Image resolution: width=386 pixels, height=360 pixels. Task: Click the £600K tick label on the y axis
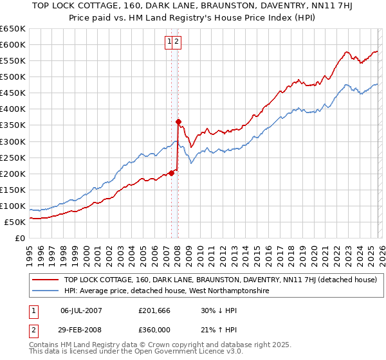click(x=13, y=44)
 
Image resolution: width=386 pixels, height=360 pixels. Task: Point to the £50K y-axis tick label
click(x=15, y=222)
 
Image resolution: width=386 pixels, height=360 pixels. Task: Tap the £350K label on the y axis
click(x=13, y=125)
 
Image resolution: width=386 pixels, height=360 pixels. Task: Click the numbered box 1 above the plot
click(x=170, y=42)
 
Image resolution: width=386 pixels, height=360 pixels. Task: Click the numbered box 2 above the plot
click(x=177, y=42)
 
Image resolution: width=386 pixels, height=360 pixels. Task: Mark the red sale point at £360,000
click(x=178, y=122)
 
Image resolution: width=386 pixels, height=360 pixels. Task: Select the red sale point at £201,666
click(x=171, y=172)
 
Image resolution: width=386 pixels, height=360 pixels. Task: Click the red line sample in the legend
click(x=46, y=280)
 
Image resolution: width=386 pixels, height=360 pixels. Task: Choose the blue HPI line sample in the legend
click(x=46, y=291)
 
